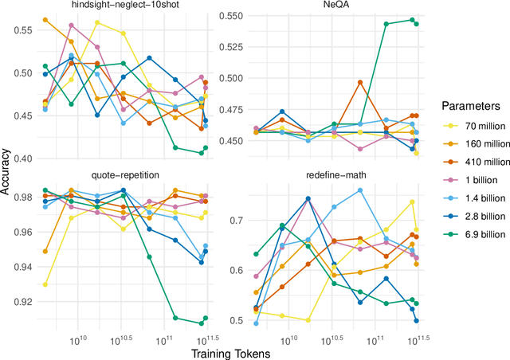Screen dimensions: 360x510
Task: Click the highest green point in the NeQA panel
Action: pos(412,20)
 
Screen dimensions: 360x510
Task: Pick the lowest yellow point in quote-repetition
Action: pos(45,284)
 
